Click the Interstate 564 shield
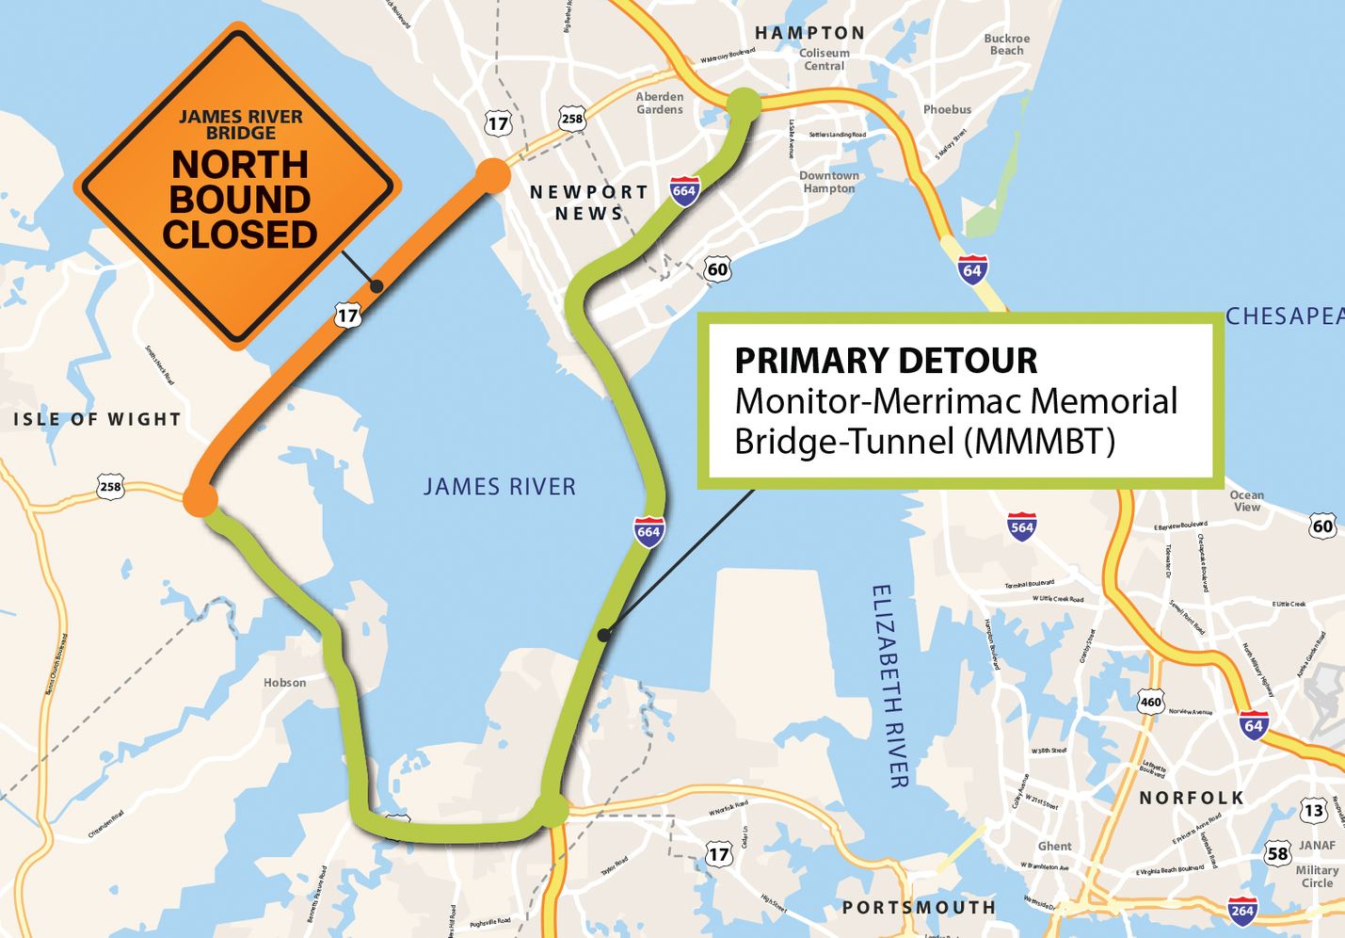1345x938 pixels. coord(1021,526)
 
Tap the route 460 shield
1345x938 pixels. coord(1150,702)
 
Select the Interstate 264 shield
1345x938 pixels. coord(1242,910)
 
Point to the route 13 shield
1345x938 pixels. coord(1314,810)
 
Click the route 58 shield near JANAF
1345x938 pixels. coord(1277,854)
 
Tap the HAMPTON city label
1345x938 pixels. coord(809,33)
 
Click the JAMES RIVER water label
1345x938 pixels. coord(499,487)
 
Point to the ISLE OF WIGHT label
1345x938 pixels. coord(97,419)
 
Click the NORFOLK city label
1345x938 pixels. coord(1192,798)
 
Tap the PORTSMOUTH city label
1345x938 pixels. coord(919,907)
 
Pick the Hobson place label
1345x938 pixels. coord(284,683)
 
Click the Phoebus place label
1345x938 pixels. coord(947,109)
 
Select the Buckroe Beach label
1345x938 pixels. coord(1006,44)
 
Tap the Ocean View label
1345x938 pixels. coord(1246,501)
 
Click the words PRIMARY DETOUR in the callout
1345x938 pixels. coord(886,361)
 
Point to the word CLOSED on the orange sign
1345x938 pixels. coord(240,234)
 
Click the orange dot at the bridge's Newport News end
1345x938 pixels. coord(491,176)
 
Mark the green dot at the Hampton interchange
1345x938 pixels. coord(743,103)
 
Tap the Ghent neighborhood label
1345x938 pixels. coord(1054,846)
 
